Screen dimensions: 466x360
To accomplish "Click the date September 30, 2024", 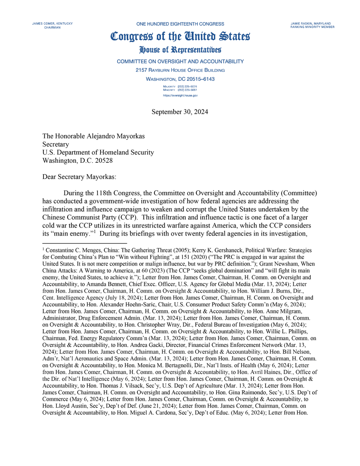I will point(180,112).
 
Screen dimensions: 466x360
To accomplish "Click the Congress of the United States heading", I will point(180,37).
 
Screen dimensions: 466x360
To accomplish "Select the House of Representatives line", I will point(180,50).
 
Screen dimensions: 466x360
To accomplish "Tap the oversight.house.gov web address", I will point(180,95).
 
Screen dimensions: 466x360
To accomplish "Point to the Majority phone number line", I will point(180,86).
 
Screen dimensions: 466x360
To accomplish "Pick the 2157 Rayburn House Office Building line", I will point(180,70).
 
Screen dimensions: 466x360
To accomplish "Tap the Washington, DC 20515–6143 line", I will point(180,79).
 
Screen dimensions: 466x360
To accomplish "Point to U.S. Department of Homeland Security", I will point(98,153).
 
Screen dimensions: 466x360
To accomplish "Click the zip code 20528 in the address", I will point(104,160).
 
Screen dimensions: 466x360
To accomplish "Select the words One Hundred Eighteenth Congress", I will point(180,24).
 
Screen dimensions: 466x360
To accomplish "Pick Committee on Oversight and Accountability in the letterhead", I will point(180,61).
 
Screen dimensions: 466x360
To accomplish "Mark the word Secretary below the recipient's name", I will point(56,144).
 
